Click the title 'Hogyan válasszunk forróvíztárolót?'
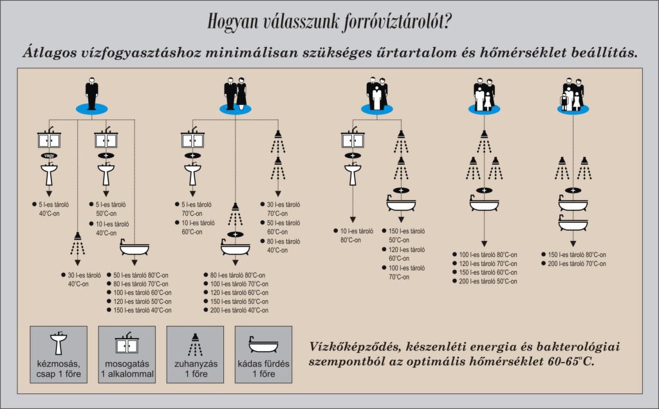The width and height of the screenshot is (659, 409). pos(329,22)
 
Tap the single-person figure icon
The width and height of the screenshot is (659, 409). pos(92,94)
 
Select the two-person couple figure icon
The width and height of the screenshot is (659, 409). pos(236,94)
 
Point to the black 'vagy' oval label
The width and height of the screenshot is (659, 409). pos(49,155)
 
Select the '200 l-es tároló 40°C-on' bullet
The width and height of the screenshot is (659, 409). pos(239,310)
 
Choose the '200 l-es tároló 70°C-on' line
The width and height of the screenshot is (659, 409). pos(577,263)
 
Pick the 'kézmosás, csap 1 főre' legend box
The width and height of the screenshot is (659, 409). pos(59,354)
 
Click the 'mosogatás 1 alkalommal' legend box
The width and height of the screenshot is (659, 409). pos(127,354)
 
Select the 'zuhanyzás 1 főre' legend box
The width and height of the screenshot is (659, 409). pos(195,354)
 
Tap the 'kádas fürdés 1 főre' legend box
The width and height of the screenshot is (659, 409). pos(263,354)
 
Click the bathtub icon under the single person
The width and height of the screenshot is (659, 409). pos(135,248)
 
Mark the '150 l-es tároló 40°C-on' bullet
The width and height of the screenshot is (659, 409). pos(142,310)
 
